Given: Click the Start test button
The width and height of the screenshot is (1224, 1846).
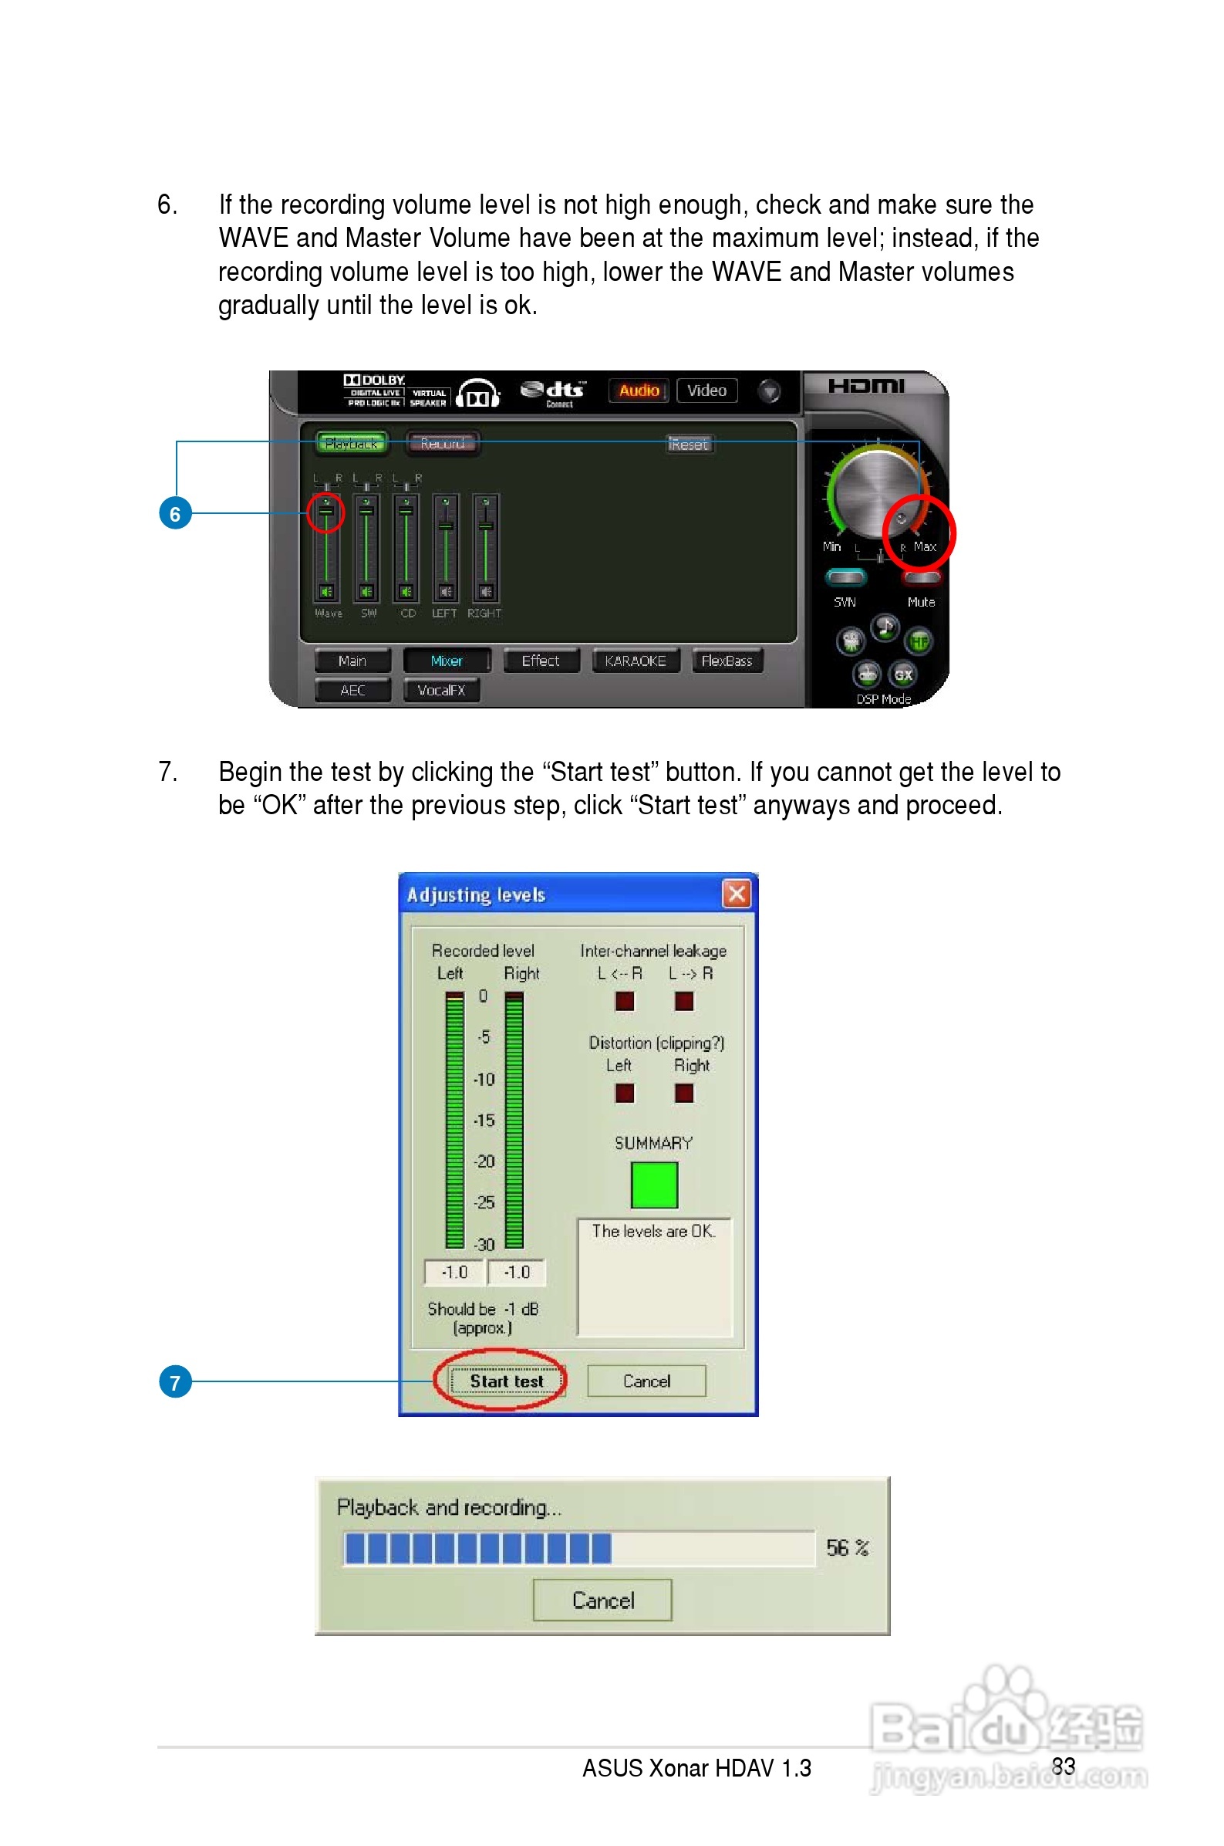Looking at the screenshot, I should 506,1381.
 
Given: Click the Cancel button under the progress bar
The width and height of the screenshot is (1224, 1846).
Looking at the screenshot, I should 602,1599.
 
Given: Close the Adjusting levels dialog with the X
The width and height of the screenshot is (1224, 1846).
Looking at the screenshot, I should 736,893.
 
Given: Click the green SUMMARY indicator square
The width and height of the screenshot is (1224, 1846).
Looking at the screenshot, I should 653,1184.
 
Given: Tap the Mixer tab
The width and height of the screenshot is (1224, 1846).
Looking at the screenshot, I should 446,661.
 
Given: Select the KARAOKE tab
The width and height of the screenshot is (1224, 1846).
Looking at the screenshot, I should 635,661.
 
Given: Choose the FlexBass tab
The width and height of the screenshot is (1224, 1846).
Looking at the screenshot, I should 726,661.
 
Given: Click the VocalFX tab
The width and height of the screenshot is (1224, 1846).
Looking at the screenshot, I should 441,690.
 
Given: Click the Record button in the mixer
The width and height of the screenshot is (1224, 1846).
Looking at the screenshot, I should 442,444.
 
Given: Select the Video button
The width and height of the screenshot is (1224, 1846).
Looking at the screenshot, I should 706,390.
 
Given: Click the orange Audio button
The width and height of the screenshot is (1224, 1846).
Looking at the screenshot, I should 639,390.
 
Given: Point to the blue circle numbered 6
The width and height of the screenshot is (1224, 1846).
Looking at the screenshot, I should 175,514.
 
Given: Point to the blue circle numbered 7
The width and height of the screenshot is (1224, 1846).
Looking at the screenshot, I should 175,1382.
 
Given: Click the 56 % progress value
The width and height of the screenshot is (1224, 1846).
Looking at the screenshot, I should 847,1547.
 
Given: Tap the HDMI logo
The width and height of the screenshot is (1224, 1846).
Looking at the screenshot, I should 865,386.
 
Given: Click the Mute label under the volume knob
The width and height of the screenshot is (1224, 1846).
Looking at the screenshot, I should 921,602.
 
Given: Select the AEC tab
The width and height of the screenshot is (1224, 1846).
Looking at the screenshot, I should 352,690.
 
